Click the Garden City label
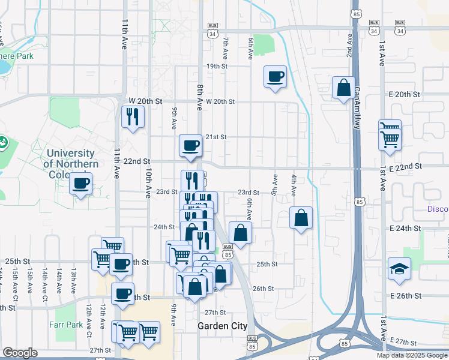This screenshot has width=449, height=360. tap(222, 326)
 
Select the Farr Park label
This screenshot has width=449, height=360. tap(66, 325)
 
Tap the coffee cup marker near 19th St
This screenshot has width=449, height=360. tap(275, 77)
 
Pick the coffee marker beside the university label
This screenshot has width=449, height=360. tap(82, 183)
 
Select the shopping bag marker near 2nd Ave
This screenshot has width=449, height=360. tap(343, 88)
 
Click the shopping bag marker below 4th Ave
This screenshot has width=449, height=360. tap(301, 218)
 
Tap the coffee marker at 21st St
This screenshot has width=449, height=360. tap(191, 146)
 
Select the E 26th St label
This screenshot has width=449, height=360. tap(406, 296)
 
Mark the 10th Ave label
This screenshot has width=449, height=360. tap(148, 183)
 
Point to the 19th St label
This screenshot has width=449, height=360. tap(215, 66)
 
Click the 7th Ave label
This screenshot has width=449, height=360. tap(226, 49)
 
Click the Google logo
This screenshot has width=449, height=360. tap(20, 353)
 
